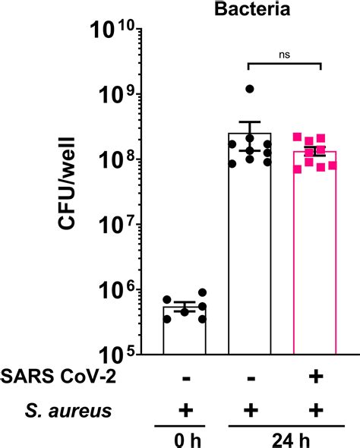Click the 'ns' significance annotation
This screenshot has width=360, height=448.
click(283, 55)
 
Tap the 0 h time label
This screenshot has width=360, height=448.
click(185, 439)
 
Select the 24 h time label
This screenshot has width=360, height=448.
click(283, 439)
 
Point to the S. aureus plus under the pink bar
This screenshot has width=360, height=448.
click(314, 411)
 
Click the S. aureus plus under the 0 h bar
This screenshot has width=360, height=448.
click(185, 411)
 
